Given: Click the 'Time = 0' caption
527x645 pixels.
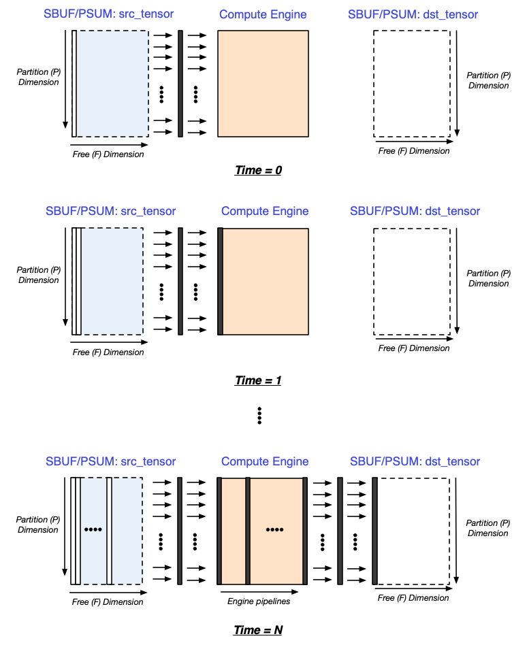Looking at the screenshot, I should click(x=258, y=170).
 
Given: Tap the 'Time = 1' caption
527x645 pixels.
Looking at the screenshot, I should click(x=258, y=380).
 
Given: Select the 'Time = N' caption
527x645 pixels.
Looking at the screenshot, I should click(x=258, y=630).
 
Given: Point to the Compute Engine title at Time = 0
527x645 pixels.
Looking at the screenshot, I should click(x=263, y=14).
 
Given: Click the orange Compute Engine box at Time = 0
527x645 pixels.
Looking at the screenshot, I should click(x=263, y=83).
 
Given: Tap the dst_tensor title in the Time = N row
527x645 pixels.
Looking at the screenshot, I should click(x=415, y=461).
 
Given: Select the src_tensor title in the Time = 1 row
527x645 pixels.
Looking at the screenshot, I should click(x=110, y=211).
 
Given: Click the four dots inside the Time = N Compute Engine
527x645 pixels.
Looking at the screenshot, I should click(x=275, y=529).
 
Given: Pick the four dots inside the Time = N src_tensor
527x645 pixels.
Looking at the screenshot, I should click(x=93, y=529).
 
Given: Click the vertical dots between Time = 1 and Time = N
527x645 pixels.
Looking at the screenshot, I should click(x=259, y=415).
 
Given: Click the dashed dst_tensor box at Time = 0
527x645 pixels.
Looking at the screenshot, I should click(x=411, y=83).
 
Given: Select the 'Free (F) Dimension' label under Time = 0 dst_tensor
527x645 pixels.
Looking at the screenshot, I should click(x=414, y=150).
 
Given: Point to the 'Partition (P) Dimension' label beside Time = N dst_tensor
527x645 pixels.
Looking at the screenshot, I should click(x=488, y=528).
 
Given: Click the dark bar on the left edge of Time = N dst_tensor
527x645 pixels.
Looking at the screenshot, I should click(x=374, y=531).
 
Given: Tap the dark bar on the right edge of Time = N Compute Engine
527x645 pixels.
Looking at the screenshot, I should click(x=305, y=531).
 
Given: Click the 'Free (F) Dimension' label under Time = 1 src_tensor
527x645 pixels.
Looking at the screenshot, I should click(x=108, y=352).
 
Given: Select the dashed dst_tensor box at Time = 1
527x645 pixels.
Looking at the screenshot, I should click(x=411, y=281).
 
